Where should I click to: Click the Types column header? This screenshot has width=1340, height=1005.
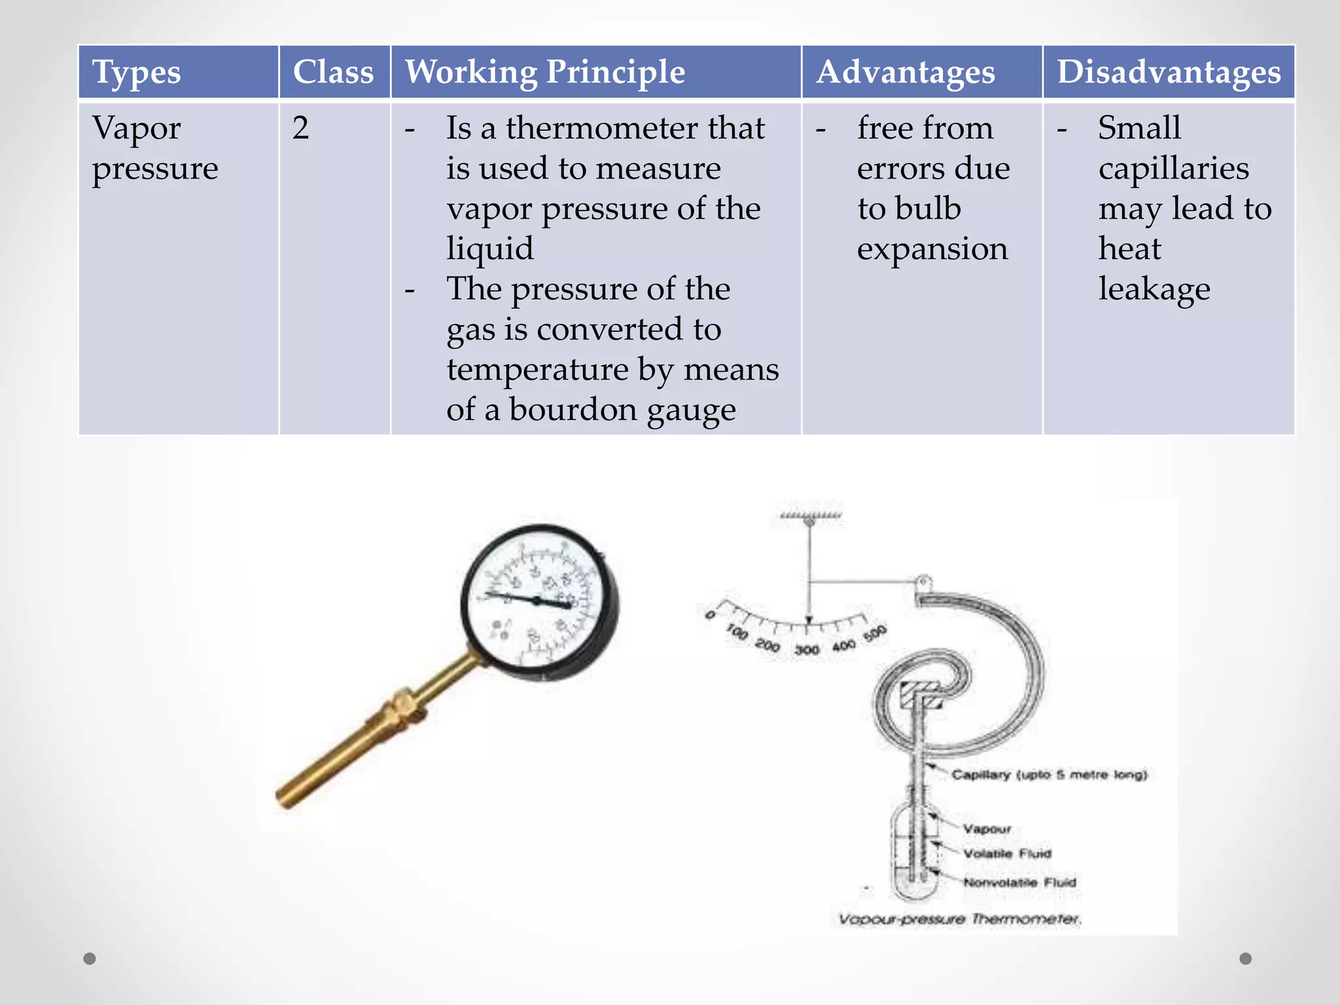(136, 72)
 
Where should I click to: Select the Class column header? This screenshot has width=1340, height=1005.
(333, 72)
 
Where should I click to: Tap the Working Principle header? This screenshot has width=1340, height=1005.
(544, 72)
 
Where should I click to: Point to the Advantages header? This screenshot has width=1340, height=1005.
(906, 72)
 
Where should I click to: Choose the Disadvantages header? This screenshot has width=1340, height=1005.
(1169, 72)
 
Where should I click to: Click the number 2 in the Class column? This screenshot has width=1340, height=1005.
(300, 128)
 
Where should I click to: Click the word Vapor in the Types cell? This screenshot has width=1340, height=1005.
(136, 128)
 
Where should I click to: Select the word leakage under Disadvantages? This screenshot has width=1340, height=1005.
(1154, 289)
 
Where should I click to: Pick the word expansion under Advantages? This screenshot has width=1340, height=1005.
(932, 249)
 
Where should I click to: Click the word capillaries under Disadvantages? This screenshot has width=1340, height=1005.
(1174, 169)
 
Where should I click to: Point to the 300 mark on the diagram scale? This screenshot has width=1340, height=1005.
(807, 650)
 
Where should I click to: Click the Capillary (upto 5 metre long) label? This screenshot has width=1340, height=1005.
(1049, 775)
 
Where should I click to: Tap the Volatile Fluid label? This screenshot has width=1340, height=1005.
(1007, 854)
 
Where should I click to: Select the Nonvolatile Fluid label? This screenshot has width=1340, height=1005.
(1019, 883)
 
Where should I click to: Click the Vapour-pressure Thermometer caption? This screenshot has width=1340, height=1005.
(959, 919)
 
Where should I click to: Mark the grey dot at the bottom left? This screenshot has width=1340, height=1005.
(90, 959)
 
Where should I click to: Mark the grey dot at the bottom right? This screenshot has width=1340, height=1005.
(1246, 959)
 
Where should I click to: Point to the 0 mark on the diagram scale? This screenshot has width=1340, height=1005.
(709, 615)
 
